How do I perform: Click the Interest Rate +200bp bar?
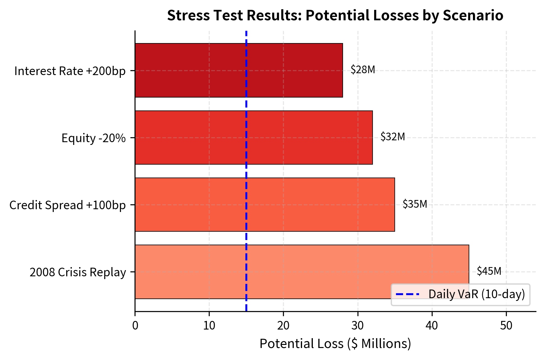(239, 70)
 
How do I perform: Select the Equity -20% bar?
(254, 138)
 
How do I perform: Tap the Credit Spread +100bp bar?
(265, 205)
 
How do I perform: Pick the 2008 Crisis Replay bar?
(302, 272)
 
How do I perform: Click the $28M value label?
(363, 70)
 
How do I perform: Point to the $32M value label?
(393, 137)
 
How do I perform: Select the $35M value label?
(415, 204)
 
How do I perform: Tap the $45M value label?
(489, 271)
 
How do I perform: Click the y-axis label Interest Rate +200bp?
(70, 71)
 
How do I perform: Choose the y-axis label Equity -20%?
(94, 138)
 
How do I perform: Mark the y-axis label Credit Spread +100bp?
(67, 205)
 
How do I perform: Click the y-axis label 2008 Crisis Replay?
(78, 272)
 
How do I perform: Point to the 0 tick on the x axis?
(135, 326)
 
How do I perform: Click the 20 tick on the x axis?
(283, 326)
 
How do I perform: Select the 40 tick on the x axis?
(432, 326)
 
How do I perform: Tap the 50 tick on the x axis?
(506, 326)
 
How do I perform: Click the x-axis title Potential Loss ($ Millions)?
(335, 344)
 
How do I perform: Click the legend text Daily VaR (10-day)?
(476, 294)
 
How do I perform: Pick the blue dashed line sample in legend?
(407, 294)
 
